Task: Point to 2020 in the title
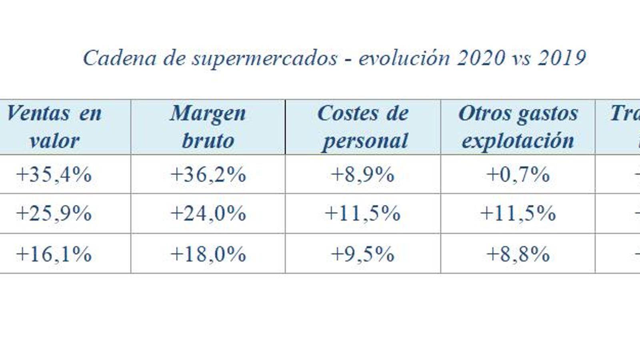point(481,58)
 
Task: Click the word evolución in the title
point(404,58)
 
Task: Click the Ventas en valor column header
point(54,127)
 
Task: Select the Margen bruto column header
point(208,127)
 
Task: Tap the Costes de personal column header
point(363,127)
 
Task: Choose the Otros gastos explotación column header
point(518,127)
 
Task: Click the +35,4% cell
point(54,175)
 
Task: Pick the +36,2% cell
point(208,175)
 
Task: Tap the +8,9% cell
point(363,175)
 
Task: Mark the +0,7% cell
point(518,175)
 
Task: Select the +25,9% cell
point(54,213)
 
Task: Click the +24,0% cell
point(208,213)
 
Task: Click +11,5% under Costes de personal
point(363,213)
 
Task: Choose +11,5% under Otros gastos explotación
point(518,213)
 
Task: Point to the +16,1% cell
point(54,254)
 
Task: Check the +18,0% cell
point(208,254)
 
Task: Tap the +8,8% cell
point(518,254)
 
